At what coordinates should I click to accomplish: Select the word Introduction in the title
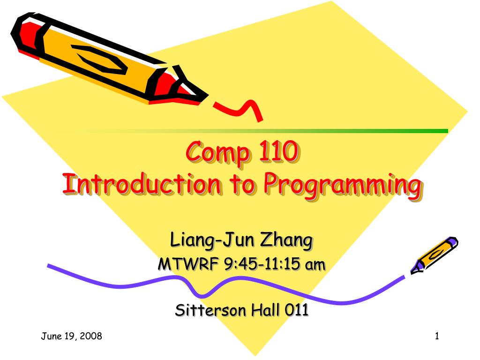pyautogui.click(x=141, y=184)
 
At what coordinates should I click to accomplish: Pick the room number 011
pyautogui.click(x=297, y=310)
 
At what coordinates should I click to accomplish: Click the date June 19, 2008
pyautogui.click(x=71, y=336)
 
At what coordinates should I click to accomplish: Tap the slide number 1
pyautogui.click(x=436, y=336)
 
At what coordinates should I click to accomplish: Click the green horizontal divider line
pyautogui.click(x=328, y=131)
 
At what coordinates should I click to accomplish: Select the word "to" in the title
pyautogui.click(x=242, y=185)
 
